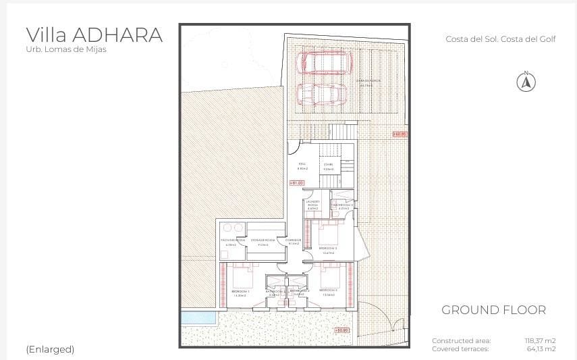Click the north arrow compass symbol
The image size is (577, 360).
pos(526,82)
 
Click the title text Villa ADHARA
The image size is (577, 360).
pos(94,35)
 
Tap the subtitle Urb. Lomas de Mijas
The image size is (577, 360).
pos(66,49)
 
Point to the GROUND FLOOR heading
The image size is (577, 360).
pos(493,310)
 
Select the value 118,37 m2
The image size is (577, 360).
pos(540,341)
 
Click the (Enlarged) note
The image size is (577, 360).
pos(50,349)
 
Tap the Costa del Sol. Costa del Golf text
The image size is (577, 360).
pos(500,39)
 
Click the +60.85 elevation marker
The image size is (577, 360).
pos(400,134)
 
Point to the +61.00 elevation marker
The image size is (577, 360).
pos(297,182)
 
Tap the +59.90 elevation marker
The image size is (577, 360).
pos(341,330)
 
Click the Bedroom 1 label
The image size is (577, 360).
pos(240,292)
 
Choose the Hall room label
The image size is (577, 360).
pos(302,165)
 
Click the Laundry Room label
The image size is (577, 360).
pos(312,205)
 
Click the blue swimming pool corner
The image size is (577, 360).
pos(198,317)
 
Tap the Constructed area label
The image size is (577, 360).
pos(462,341)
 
